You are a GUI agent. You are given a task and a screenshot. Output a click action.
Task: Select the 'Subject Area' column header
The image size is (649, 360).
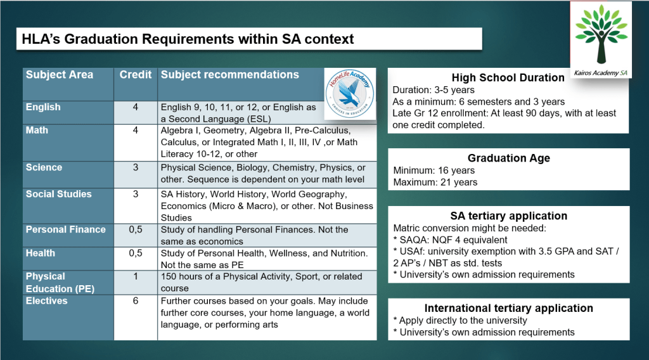coord(60,75)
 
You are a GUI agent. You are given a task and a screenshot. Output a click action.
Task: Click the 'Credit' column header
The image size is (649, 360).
coord(136,75)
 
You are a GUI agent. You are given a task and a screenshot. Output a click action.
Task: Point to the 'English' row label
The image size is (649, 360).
coord(43,107)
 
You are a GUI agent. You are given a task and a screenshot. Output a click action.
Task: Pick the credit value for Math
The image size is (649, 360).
coord(136,131)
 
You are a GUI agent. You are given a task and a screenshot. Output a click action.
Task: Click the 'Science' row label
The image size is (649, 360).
coord(44,168)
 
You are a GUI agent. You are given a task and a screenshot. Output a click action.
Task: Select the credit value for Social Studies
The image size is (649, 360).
coord(136,194)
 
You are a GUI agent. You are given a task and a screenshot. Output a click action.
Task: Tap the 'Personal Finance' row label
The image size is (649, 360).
coord(65,229)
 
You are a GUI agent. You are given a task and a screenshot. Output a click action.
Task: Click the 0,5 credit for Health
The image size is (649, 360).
coord(136,253)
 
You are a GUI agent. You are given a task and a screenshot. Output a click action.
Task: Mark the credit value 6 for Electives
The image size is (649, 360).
coord(136,301)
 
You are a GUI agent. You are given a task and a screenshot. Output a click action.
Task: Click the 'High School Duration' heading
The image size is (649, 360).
coord(508,77)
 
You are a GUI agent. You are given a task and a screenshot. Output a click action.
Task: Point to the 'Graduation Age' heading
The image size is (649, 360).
coord(508,158)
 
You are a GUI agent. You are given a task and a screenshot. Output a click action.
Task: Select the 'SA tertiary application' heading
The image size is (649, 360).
coord(508,215)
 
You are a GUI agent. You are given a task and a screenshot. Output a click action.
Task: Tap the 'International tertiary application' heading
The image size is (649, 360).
coord(508,308)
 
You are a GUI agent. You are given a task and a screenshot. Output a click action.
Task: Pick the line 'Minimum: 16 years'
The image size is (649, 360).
coord(434,170)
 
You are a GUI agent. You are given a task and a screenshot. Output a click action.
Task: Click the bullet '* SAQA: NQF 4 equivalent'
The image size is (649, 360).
coord(451,240)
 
